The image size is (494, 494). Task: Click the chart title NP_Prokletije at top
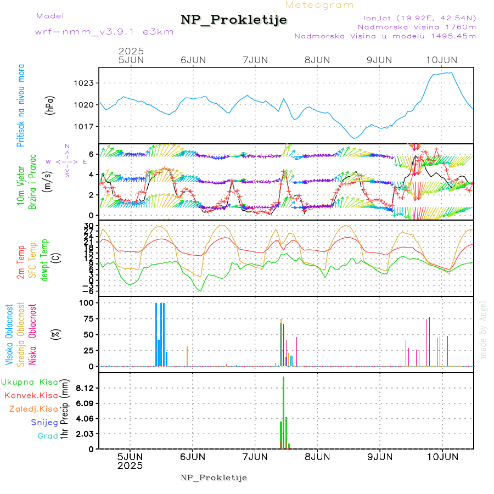[234, 20]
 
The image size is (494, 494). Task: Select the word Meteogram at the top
[319, 5]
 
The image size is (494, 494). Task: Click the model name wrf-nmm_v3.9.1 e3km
[104, 32]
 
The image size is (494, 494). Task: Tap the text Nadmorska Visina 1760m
[417, 26]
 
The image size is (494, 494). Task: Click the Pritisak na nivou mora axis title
[21, 105]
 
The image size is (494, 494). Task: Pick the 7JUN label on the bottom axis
[255, 456]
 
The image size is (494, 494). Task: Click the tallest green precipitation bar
[283, 412]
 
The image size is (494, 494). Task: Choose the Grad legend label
[48, 436]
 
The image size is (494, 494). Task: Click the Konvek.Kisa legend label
[31, 395]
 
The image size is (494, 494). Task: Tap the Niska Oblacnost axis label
[33, 334]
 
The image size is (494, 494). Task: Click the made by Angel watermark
[484, 329]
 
